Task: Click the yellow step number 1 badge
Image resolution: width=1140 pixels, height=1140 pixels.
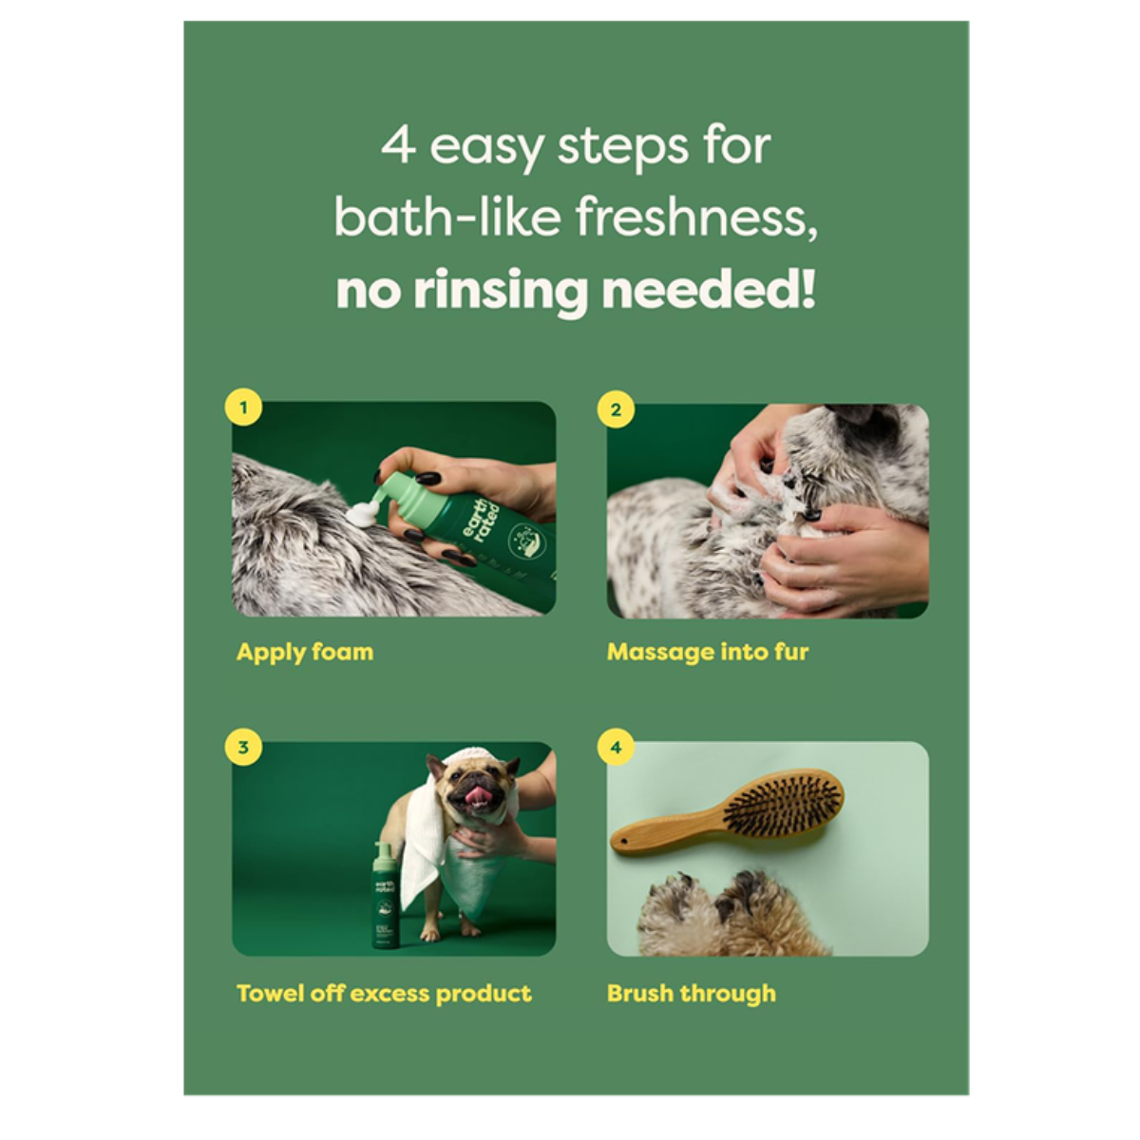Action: point(243,408)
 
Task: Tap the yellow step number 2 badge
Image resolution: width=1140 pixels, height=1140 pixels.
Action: point(616,408)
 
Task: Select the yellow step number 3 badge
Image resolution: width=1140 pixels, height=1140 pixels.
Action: point(243,748)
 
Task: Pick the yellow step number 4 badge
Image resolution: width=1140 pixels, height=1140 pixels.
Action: point(616,748)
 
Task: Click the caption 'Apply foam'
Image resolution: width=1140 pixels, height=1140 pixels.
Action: point(304,653)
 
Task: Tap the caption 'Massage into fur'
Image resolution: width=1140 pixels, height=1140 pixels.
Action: point(708,653)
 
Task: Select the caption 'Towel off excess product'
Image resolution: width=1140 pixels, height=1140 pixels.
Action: point(384,994)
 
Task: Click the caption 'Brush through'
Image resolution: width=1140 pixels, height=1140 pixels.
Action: point(691,994)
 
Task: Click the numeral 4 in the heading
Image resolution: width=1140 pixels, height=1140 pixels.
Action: point(398,147)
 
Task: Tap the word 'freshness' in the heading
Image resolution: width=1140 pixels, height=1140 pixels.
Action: point(695,218)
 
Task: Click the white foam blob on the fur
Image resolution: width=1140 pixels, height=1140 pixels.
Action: point(362,516)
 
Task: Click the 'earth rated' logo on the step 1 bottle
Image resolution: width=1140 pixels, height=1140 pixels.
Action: point(475,532)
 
